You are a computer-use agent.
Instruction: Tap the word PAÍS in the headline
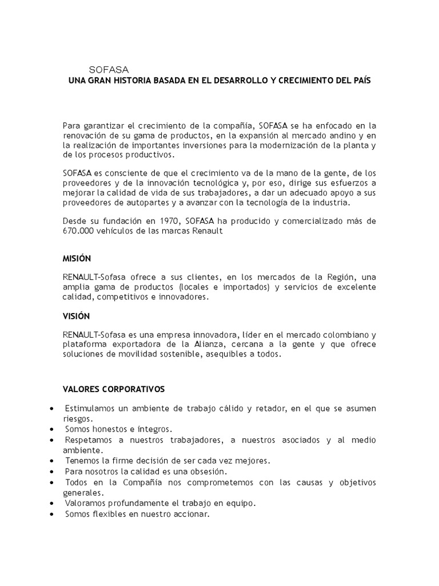tap(358, 81)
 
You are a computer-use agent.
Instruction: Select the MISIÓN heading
tap(77, 258)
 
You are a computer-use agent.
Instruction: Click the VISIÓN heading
tap(76, 315)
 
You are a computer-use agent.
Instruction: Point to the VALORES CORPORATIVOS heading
tap(113, 389)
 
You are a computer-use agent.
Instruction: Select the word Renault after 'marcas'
tap(206, 231)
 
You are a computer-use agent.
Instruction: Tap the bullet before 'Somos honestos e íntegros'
tap(53, 429)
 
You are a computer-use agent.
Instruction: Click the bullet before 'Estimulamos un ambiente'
tap(53, 409)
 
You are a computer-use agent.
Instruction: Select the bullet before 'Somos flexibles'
tap(53, 514)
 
